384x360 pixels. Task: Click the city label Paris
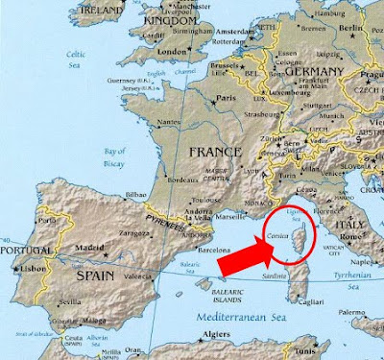227,97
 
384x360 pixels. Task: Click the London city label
174,53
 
